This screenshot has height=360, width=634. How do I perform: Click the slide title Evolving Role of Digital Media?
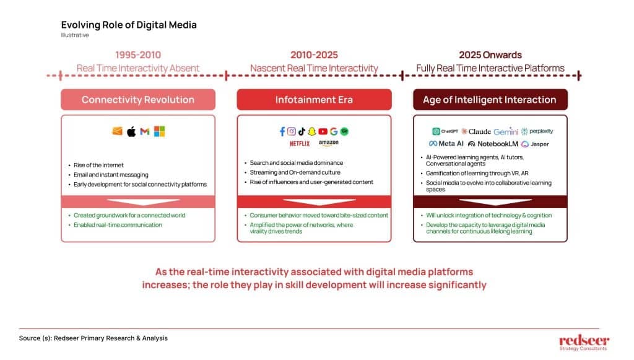pyautogui.click(x=129, y=25)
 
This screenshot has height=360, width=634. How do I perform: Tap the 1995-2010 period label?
pyautogui.click(x=138, y=55)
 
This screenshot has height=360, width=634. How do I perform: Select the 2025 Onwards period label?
pyautogui.click(x=490, y=55)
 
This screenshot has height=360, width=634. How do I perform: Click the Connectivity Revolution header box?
pyautogui.click(x=138, y=100)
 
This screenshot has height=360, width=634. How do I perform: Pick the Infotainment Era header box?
pyautogui.click(x=314, y=100)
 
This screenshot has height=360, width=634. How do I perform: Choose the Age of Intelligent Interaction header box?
pyautogui.click(x=490, y=100)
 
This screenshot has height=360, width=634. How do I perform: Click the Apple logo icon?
pyautogui.click(x=131, y=131)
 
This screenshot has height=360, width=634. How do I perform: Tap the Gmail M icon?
pyautogui.click(x=145, y=131)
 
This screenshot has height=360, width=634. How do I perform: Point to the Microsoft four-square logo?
pyautogui.click(x=159, y=131)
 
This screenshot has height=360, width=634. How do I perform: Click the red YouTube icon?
pyautogui.click(x=323, y=131)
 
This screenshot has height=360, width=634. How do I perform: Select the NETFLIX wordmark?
pyautogui.click(x=300, y=144)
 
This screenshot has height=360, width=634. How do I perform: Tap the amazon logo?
pyautogui.click(x=328, y=143)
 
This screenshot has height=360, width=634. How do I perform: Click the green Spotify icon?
pyautogui.click(x=344, y=131)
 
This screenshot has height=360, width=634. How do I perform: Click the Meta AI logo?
pyautogui.click(x=446, y=144)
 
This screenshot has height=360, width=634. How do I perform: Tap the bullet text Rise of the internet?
pyautogui.click(x=98, y=165)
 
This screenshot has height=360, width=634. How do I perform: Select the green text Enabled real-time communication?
pyautogui.click(x=118, y=225)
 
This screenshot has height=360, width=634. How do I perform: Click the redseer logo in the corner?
pyautogui.click(x=584, y=342)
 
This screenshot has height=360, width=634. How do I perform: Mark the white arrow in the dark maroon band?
pyautogui.click(x=495, y=201)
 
